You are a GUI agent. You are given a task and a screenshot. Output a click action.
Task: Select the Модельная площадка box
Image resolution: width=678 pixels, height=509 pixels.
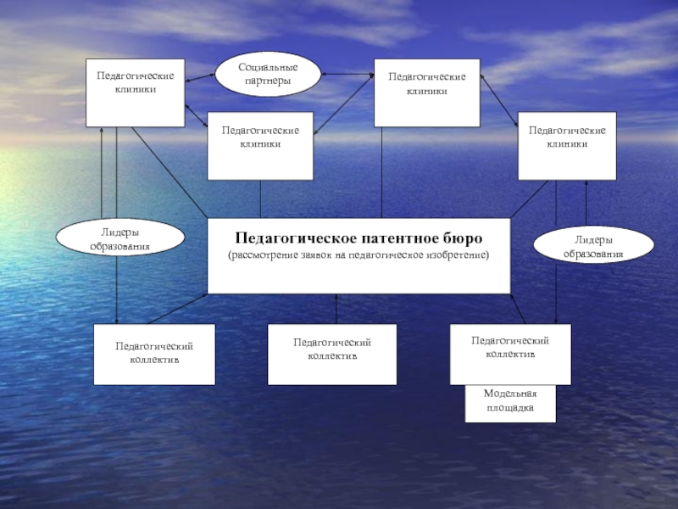(510, 402)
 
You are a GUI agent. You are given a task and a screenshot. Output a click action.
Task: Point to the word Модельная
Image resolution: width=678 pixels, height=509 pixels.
(510, 394)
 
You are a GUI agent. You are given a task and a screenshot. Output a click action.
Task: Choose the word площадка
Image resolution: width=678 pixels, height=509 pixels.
(510, 408)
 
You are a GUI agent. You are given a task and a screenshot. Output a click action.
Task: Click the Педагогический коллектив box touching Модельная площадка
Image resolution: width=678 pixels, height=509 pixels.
(510, 352)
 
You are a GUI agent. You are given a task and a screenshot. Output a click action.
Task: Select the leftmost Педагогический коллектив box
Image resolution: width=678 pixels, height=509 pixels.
(154, 352)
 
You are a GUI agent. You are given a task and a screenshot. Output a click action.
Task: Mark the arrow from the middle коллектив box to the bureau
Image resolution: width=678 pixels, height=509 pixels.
(336, 309)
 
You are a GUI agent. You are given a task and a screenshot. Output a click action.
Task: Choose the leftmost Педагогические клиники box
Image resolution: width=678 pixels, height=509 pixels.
(136, 92)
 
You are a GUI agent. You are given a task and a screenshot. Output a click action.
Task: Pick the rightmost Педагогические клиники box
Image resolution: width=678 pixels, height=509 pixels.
(566, 145)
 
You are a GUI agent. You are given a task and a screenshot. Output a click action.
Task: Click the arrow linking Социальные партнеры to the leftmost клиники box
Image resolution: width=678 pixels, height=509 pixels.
(200, 78)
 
